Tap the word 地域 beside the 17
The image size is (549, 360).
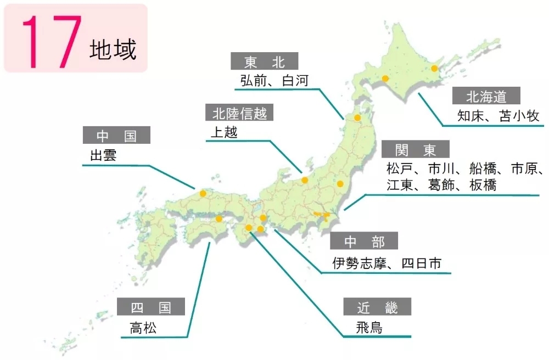pos(113,50)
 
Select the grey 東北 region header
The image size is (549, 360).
pos(264,61)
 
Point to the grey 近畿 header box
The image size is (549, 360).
pos(377,308)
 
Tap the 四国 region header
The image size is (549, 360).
pos(150,307)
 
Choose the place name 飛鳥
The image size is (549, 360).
pos(369,328)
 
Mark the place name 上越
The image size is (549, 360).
pos(224,132)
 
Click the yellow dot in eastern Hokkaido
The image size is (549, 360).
pos(434,69)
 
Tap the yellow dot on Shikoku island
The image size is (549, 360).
pos(219,219)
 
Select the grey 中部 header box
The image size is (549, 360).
pos(364,241)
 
